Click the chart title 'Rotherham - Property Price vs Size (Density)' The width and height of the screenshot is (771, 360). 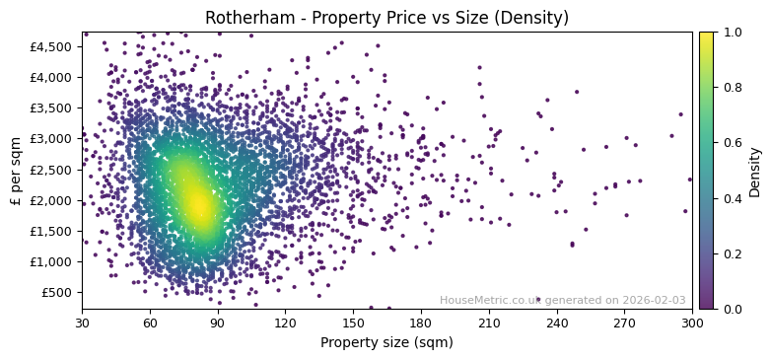[x=386, y=18]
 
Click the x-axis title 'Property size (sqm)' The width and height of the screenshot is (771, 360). [x=386, y=342]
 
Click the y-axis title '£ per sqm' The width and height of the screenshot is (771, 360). [x=16, y=171]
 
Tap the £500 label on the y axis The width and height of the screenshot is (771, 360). [x=57, y=292]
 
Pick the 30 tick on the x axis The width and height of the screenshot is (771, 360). [x=82, y=323]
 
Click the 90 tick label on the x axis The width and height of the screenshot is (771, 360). [x=218, y=323]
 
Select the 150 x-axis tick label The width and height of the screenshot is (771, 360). [x=353, y=323]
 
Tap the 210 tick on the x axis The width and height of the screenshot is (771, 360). [x=489, y=323]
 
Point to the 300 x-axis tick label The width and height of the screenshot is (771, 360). [x=692, y=323]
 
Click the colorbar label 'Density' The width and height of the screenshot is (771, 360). [x=754, y=171]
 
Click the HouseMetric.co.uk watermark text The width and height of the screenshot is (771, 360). [x=562, y=301]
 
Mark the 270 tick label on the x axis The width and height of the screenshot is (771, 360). [x=625, y=323]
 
